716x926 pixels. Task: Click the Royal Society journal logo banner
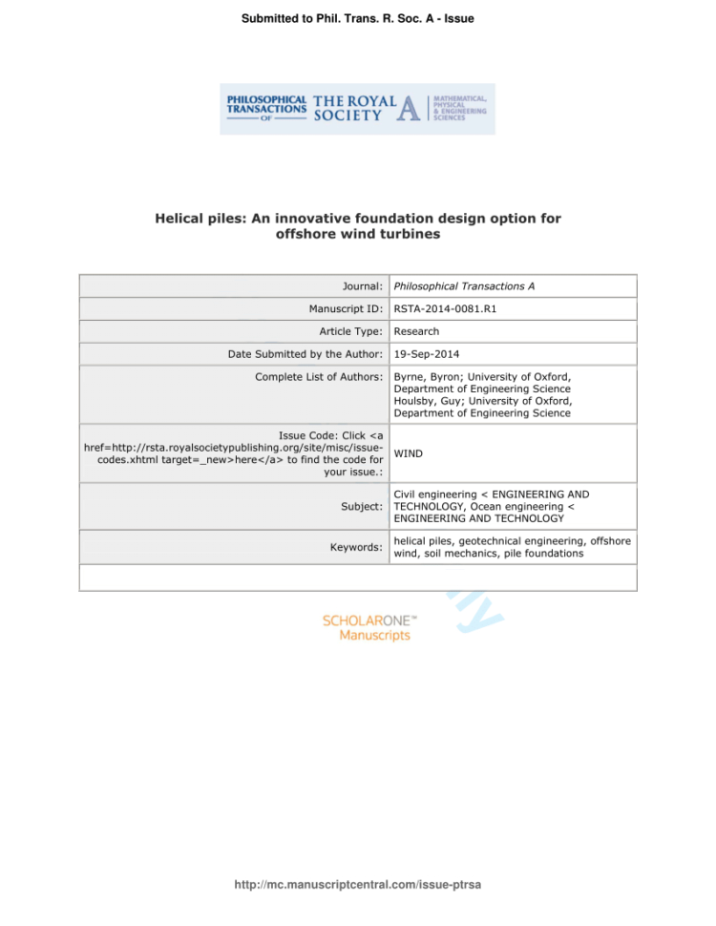coord(357,109)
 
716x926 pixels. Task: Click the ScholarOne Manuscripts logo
coord(368,627)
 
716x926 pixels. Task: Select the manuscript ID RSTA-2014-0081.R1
coord(445,308)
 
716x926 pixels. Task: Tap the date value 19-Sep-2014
coord(427,354)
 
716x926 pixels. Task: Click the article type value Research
coord(416,331)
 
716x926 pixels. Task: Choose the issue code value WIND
coord(411,453)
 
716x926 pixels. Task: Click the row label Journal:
coord(362,285)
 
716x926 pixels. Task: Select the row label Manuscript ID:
coord(346,308)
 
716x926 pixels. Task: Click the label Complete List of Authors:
coord(319,377)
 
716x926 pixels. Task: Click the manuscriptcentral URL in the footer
coord(357,885)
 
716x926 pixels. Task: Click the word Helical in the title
coord(179,219)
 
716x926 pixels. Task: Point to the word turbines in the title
coord(408,235)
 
